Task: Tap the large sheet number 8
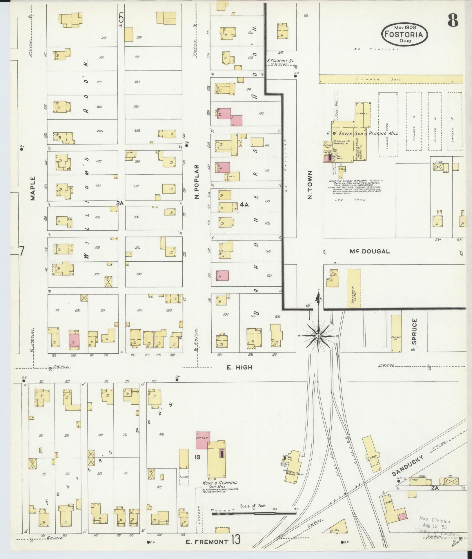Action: [453, 20]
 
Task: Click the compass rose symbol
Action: [318, 336]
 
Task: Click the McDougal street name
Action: [369, 252]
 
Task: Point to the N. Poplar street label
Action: [197, 182]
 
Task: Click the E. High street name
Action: [239, 367]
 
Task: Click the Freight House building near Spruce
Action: [396, 334]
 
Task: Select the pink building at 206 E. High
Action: [74, 340]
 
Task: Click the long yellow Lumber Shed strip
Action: [391, 79]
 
